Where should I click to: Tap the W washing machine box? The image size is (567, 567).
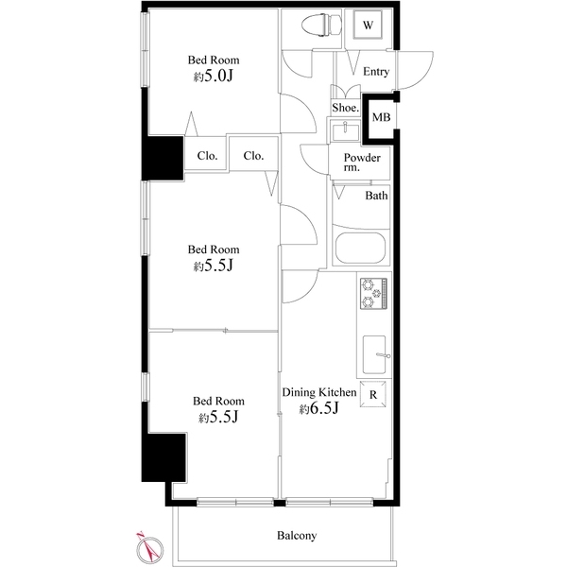coord(369,26)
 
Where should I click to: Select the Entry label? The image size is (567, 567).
coord(376,72)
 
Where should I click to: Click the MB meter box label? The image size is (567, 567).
coord(381,117)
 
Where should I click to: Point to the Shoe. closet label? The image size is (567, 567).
coord(345,108)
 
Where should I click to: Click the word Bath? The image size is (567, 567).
coord(376,197)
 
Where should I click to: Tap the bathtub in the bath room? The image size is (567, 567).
coord(359,250)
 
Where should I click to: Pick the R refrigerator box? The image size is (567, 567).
coord(374,394)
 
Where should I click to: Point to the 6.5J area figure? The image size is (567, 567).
coord(319,408)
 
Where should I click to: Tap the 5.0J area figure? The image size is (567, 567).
coord(213,77)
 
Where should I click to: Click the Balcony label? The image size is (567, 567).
coord(296,535)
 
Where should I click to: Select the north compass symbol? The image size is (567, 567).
coord(146,545)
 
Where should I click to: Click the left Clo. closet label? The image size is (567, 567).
coord(207,155)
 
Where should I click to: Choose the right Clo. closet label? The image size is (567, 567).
coord(252,155)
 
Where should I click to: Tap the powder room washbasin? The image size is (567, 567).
coord(341,129)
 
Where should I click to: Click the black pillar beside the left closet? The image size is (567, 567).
coord(162,158)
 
